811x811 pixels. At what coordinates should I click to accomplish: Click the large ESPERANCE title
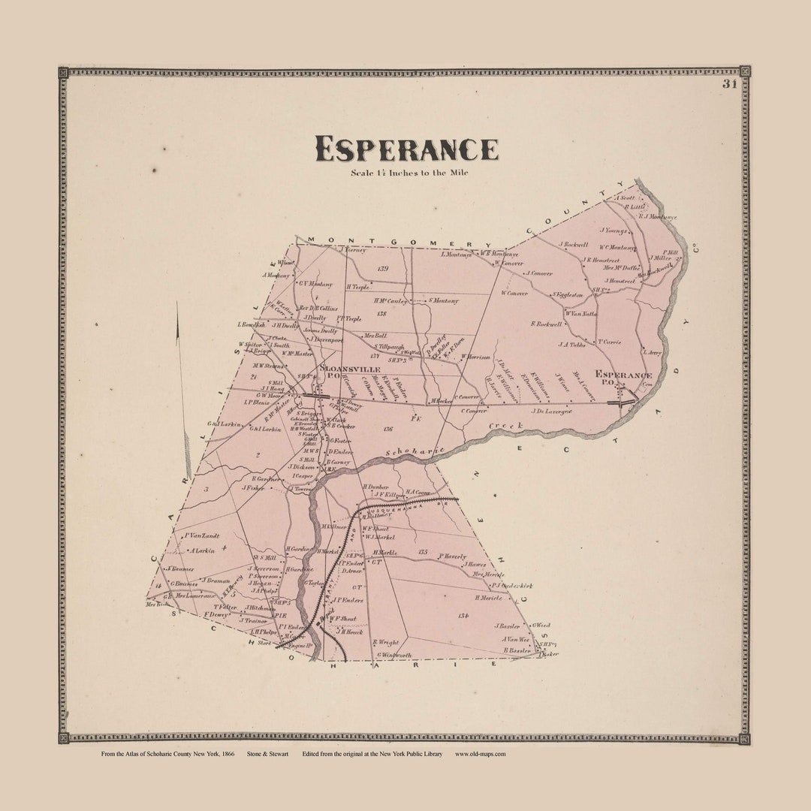click(x=406, y=149)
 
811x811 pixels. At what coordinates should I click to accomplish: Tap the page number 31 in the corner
click(x=729, y=84)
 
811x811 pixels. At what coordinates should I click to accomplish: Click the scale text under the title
click(x=409, y=173)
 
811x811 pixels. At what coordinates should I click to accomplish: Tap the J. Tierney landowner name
click(x=352, y=249)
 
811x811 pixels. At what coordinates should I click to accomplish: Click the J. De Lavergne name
click(x=552, y=411)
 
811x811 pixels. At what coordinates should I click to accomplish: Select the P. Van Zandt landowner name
click(x=200, y=535)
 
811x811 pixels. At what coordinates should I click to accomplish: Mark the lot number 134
click(x=463, y=615)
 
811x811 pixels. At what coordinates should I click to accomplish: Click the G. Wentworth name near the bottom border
click(x=394, y=655)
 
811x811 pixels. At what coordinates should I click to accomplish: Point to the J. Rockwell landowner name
click(x=577, y=244)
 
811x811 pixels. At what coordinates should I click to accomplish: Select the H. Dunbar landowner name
click(x=375, y=487)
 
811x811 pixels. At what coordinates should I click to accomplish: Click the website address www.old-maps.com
click(x=481, y=754)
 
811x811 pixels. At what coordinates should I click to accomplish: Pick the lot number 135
click(x=423, y=552)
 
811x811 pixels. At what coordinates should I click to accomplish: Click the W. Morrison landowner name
click(x=475, y=357)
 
